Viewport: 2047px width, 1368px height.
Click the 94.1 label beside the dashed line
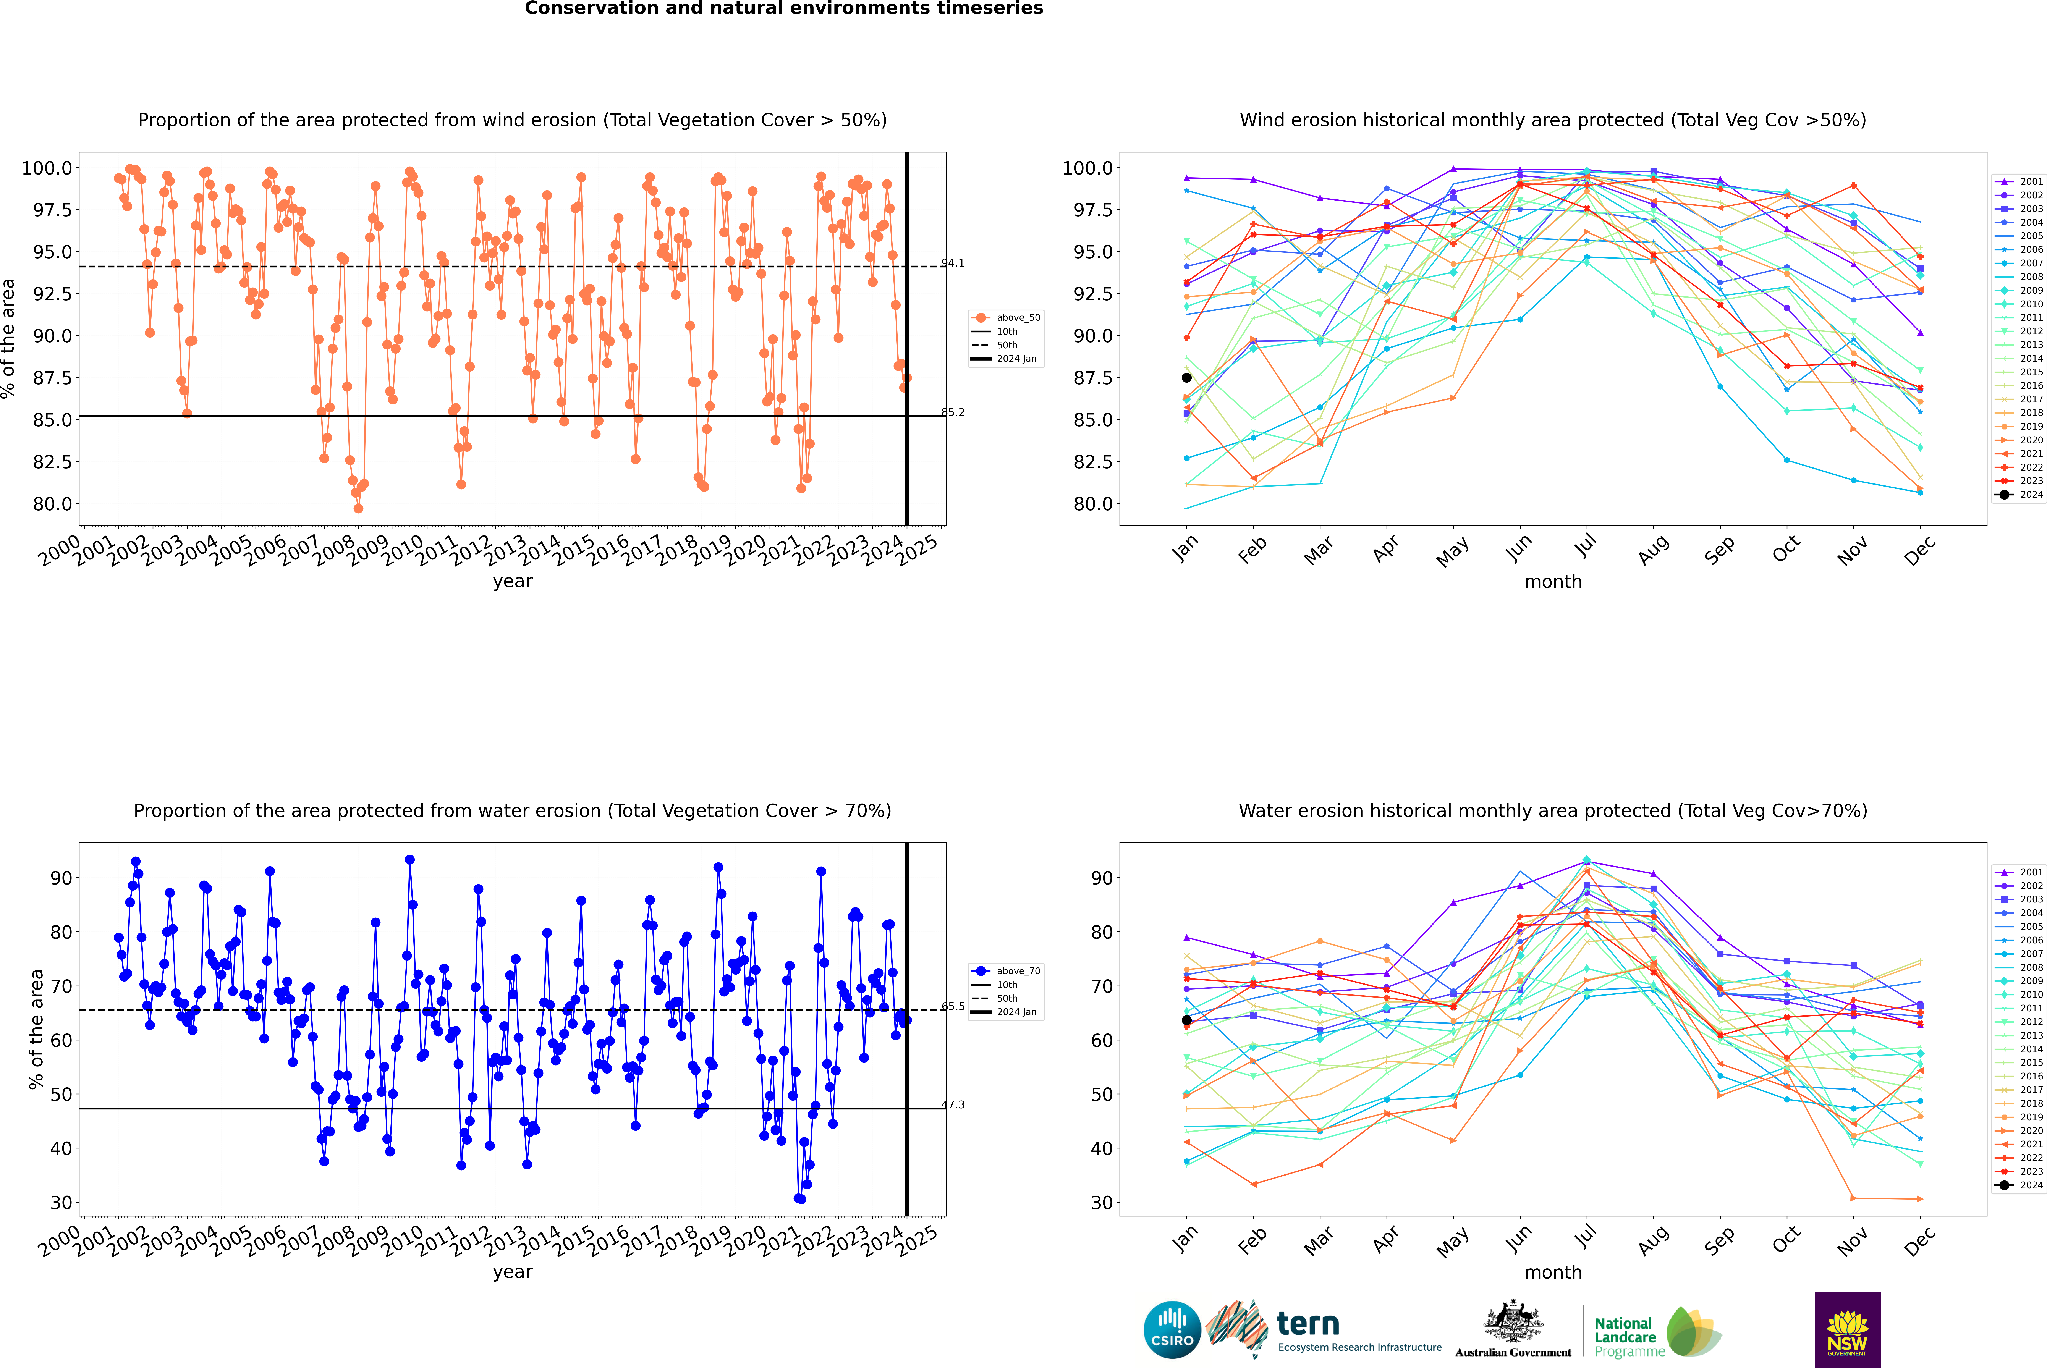pos(953,263)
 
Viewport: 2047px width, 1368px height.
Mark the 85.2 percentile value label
pos(953,413)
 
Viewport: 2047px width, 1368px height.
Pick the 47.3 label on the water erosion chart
pos(953,1104)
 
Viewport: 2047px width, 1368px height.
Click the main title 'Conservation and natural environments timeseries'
pos(783,9)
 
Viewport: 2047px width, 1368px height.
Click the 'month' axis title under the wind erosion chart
pos(1553,581)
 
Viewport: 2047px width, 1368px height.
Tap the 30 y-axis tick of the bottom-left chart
pos(61,1202)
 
